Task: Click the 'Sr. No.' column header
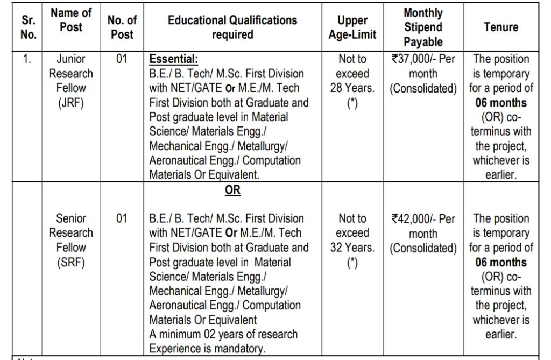tap(29, 27)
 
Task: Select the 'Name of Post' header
tap(71, 20)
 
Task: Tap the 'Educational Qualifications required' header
tap(232, 27)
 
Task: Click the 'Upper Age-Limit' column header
tap(352, 27)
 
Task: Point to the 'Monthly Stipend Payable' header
tap(423, 27)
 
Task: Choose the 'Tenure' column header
tap(500, 27)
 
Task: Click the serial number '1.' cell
tap(27, 59)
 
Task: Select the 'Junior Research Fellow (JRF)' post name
tap(71, 81)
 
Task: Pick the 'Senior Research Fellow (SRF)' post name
tap(71, 241)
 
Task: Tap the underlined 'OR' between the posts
tap(232, 190)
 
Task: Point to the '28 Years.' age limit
tap(353, 88)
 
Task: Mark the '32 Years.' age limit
tap(353, 248)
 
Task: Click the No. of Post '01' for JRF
tap(122, 59)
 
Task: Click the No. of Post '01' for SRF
tap(122, 219)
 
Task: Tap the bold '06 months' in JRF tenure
tap(501, 103)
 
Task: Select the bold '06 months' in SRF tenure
tap(501, 263)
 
